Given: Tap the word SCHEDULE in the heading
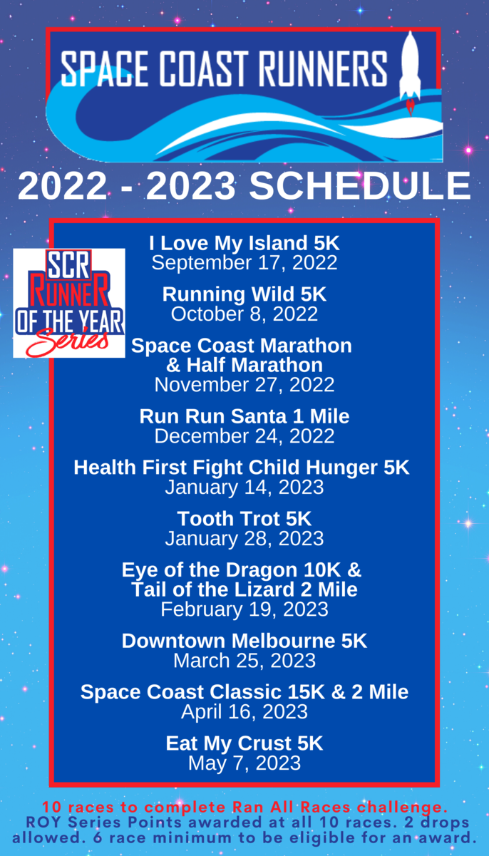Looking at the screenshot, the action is [360, 186].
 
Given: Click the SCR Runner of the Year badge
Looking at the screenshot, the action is [69, 303].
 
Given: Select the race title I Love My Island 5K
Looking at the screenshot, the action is [244, 243].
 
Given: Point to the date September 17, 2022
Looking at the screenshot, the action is [244, 263].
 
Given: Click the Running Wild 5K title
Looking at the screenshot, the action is [244, 294].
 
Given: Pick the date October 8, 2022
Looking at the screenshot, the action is [244, 314].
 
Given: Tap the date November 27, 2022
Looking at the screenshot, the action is [244, 385].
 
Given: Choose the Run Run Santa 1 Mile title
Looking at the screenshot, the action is [244, 416].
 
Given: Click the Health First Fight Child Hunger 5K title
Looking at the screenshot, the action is [242, 468].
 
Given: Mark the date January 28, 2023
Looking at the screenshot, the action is [244, 538].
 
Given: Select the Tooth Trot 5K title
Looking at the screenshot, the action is [244, 519].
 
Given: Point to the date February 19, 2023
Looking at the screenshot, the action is [244, 609].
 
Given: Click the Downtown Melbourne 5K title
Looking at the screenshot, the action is [244, 641].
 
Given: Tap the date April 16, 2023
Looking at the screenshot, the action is [244, 712].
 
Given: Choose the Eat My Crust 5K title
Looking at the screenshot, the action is [244, 743].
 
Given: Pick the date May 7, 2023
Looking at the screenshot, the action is [244, 763].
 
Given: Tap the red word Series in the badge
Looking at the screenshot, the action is [68, 341].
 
